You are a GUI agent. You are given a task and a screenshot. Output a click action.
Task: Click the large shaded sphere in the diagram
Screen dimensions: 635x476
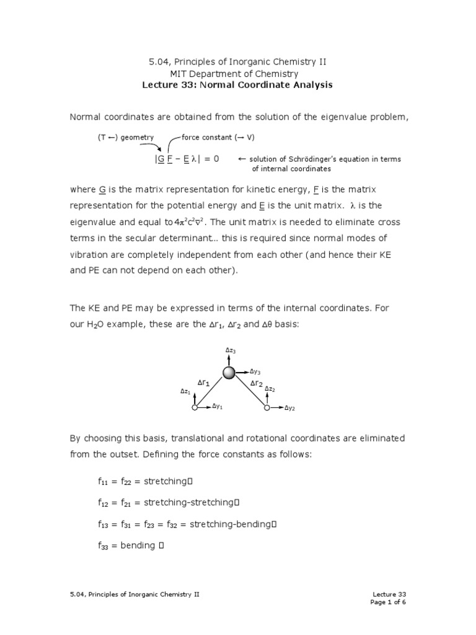point(229,372)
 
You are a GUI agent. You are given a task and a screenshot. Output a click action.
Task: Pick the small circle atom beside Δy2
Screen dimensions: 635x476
point(267,407)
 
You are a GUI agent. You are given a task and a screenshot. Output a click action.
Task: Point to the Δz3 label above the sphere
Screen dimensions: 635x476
point(230,351)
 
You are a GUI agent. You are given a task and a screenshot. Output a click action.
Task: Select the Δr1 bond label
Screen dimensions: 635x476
point(204,383)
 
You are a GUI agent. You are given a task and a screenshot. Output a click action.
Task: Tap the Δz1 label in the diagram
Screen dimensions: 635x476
point(185,391)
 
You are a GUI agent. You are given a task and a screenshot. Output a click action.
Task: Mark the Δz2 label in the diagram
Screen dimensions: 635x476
point(270,389)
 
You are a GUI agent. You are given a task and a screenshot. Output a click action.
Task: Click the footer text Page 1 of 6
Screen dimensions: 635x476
point(388,602)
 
